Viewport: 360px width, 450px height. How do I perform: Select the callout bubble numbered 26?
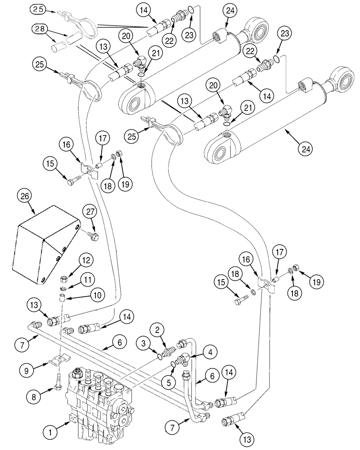coord(25,196)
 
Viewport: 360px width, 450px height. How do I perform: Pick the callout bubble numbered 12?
coord(87,260)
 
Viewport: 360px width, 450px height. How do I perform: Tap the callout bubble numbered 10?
coord(96,296)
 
